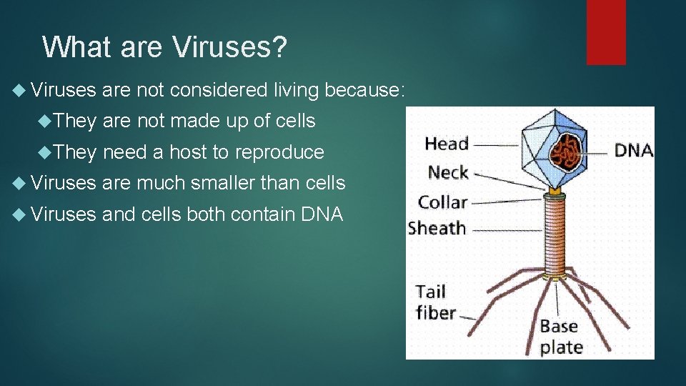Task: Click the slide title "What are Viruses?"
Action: pos(164,47)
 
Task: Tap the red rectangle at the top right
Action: pos(606,31)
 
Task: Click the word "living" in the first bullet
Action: pos(296,90)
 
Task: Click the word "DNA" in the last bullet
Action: pos(322,214)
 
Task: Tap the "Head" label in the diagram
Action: pos(447,144)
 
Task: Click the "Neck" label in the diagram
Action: pos(448,172)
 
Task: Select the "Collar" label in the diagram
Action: pos(442,202)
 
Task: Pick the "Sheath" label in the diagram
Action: pos(437,229)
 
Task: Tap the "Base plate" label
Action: pos(562,337)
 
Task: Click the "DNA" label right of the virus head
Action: pos(634,149)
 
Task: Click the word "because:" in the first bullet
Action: pos(365,90)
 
